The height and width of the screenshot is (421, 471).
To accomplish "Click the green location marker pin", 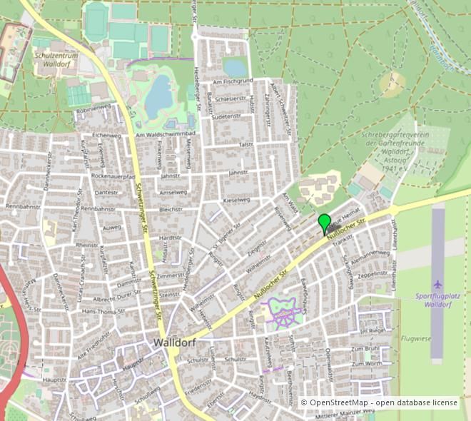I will click(x=325, y=223).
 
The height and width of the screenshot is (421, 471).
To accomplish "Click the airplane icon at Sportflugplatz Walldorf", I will click(x=437, y=284).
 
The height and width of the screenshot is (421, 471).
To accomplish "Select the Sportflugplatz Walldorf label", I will click(x=435, y=300).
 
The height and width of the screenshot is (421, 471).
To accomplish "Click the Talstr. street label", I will click(x=246, y=145).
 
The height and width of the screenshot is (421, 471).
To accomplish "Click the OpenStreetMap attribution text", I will click(x=379, y=403).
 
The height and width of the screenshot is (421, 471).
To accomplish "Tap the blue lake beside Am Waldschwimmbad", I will click(x=158, y=97).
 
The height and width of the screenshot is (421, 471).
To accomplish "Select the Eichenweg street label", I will click(x=106, y=135).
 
